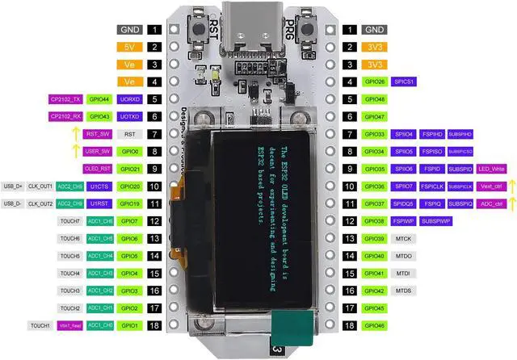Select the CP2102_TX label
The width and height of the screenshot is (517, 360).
point(65,98)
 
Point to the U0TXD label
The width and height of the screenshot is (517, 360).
point(130,116)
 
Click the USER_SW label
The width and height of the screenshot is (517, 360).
point(99,151)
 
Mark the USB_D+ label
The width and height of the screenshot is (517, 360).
point(14,186)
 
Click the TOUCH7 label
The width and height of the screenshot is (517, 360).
point(69,221)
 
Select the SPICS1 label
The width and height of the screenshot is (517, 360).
point(404,82)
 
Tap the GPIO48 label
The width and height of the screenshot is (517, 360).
point(375,98)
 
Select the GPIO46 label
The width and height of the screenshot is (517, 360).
point(375,325)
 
